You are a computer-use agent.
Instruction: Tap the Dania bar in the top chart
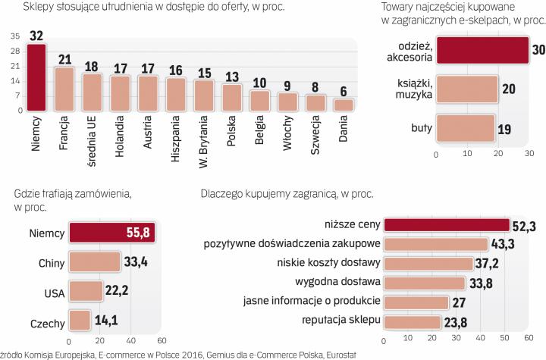[x=344, y=105]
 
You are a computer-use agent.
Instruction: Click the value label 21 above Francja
[x=65, y=59]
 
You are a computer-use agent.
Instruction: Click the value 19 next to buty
[x=504, y=130]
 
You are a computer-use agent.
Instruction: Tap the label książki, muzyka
[x=415, y=90]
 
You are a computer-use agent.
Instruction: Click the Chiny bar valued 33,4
[x=94, y=262]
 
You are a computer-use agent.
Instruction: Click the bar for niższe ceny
[x=447, y=224]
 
